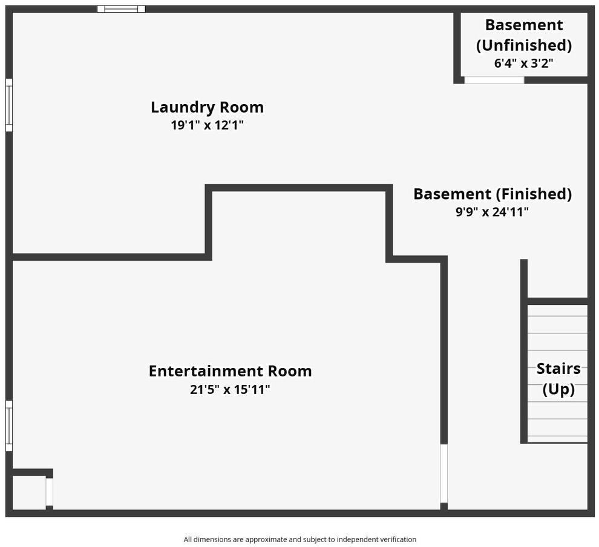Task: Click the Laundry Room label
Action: [207, 107]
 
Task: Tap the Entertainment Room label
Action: [230, 371]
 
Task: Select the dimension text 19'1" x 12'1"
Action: [207, 125]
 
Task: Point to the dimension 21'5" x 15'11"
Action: [230, 389]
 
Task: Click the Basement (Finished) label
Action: [493, 194]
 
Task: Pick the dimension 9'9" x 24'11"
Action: [492, 212]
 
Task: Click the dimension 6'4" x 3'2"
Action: [524, 63]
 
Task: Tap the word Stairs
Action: [558, 368]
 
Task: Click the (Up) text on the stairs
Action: [558, 389]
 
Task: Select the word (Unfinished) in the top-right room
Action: [524, 45]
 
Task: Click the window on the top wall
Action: [121, 9]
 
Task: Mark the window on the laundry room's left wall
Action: [9, 105]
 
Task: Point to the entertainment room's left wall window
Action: [9, 425]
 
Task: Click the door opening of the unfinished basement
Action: [494, 80]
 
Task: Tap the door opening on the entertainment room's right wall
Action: [444, 473]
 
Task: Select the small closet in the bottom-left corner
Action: [29, 493]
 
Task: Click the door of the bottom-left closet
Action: [49, 492]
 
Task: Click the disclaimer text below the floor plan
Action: [300, 539]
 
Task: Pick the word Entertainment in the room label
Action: [206, 371]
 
